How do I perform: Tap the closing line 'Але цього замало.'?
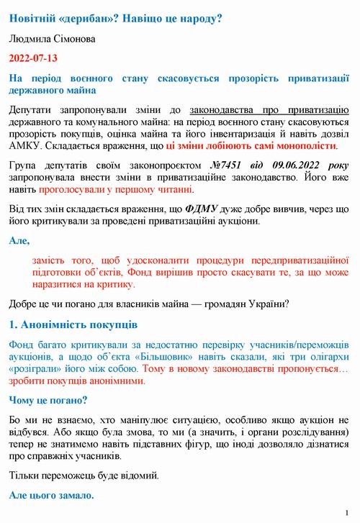coord(52,496)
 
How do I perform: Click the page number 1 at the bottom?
coord(346,512)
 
